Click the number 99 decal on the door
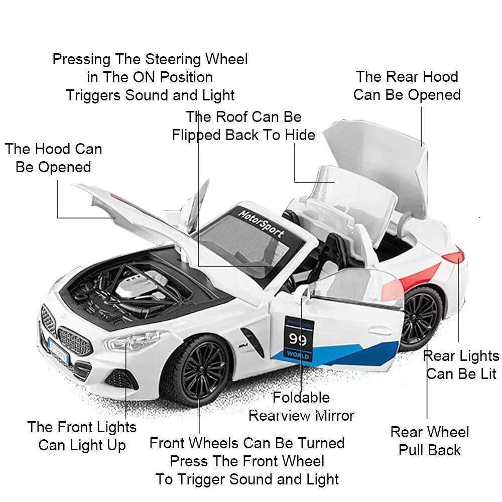(x=298, y=339)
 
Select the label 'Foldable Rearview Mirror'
(x=301, y=406)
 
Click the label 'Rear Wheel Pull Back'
(x=430, y=441)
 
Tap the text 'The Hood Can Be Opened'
(x=53, y=158)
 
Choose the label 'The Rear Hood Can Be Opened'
(x=407, y=86)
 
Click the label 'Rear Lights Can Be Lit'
(x=461, y=365)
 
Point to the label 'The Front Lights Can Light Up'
(x=82, y=436)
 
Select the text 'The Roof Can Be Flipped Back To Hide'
(x=243, y=126)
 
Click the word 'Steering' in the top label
(x=175, y=59)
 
